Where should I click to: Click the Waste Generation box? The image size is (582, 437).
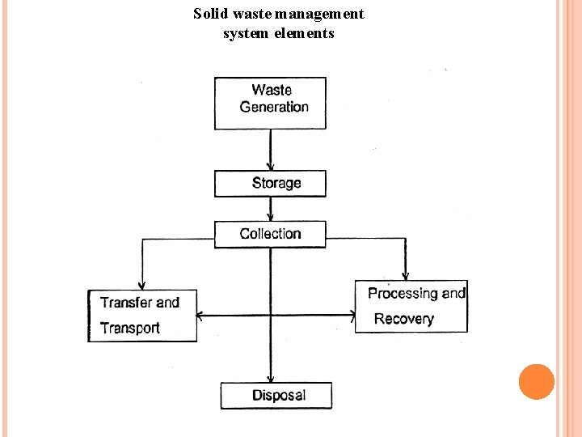click(x=270, y=103)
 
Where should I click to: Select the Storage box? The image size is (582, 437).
click(x=270, y=183)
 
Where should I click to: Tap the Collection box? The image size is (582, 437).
click(x=270, y=234)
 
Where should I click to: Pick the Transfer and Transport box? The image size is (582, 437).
click(x=142, y=315)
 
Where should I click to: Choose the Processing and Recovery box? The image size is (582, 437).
click(x=411, y=306)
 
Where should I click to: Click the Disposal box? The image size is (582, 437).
click(x=276, y=395)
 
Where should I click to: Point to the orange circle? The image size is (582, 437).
click(x=537, y=382)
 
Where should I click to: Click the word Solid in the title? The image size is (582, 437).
click(x=209, y=14)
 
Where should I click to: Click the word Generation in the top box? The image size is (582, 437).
click(x=274, y=107)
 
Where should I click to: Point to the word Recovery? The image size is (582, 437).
click(x=403, y=319)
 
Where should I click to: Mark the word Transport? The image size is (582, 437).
click(x=130, y=328)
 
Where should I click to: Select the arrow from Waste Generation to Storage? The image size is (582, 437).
click(x=270, y=150)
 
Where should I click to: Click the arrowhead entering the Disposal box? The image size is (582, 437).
click(x=270, y=378)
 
